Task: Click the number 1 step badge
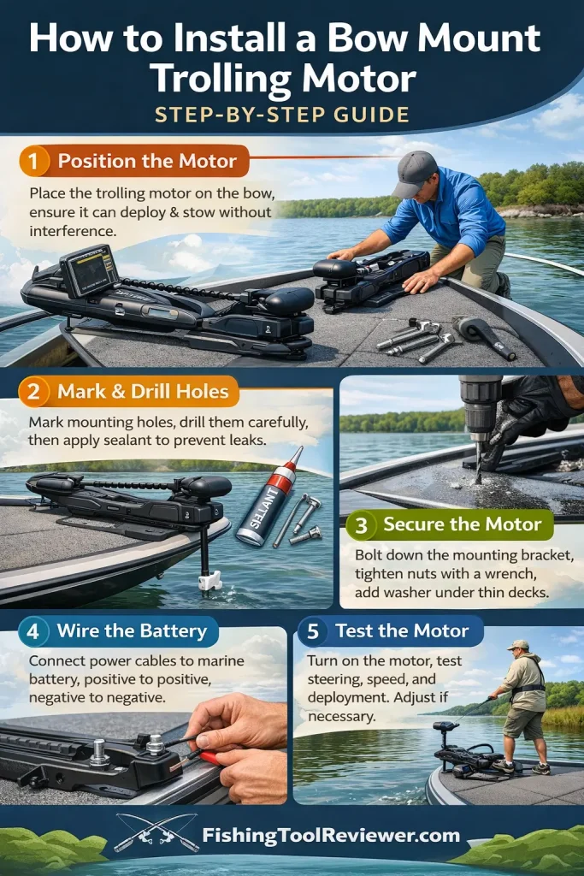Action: [35, 160]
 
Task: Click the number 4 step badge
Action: [33, 632]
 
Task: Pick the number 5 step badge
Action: [313, 631]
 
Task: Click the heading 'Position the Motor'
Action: [146, 160]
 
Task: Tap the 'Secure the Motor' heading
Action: [462, 524]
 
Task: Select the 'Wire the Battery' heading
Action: [132, 632]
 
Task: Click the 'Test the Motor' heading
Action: [402, 631]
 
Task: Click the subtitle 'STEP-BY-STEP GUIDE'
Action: [291, 114]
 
